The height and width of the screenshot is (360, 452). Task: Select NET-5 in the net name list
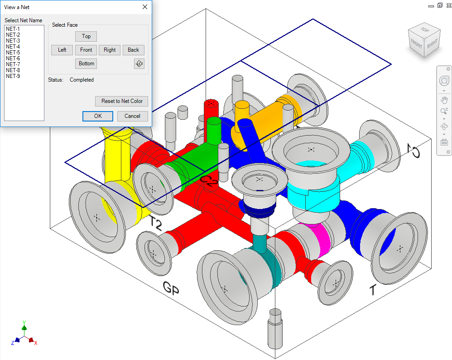(x=13, y=53)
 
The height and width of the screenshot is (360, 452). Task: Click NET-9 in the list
(x=13, y=76)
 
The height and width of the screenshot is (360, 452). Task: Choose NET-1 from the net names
(x=13, y=29)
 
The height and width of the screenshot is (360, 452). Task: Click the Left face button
(x=62, y=50)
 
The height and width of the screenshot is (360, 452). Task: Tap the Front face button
(x=86, y=50)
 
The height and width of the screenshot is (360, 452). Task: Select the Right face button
(x=110, y=50)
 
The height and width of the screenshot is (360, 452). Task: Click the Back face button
(x=134, y=50)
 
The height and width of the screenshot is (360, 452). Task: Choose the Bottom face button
(x=86, y=63)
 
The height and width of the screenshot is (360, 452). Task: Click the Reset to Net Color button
(x=122, y=101)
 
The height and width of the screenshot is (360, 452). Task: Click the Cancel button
(x=132, y=116)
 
